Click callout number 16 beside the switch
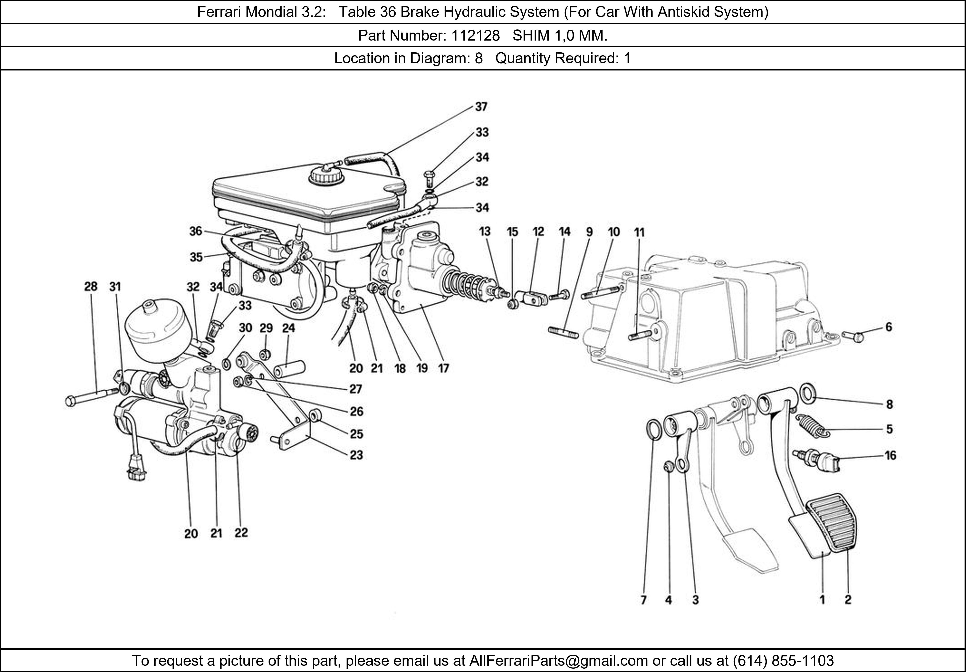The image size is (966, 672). (890, 455)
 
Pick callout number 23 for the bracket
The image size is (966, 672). (356, 455)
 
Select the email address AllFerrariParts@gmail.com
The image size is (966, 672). (558, 661)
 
